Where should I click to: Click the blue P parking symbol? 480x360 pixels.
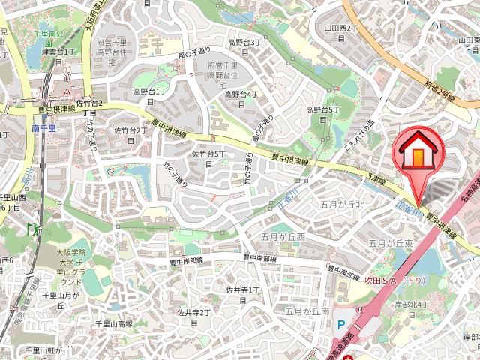click(341, 325)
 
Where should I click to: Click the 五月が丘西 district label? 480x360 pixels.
click(284, 237)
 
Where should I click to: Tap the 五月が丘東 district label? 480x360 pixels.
click(391, 244)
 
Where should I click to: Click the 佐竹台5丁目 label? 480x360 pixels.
click(208, 159)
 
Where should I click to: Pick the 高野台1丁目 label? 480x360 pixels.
click(149, 96)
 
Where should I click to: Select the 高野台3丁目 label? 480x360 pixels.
click(244, 47)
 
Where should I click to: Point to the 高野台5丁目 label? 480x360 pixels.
click(322, 115)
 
